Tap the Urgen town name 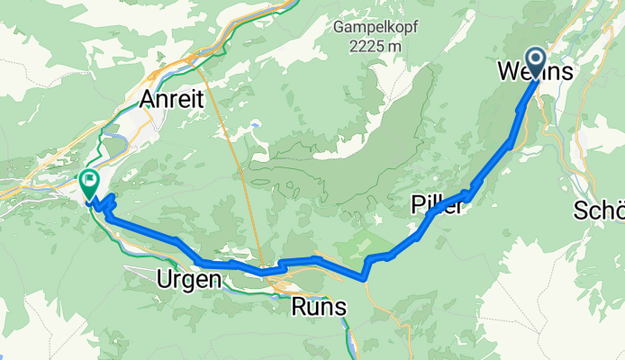click(x=188, y=280)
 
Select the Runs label click(x=318, y=307)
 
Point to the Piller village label click(x=438, y=205)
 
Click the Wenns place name click(x=534, y=72)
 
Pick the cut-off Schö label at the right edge click(x=599, y=211)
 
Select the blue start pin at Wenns click(x=536, y=61)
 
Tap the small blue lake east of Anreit click(x=257, y=124)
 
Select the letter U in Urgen click(x=165, y=280)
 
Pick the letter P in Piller click(x=417, y=205)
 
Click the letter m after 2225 click(x=399, y=47)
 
